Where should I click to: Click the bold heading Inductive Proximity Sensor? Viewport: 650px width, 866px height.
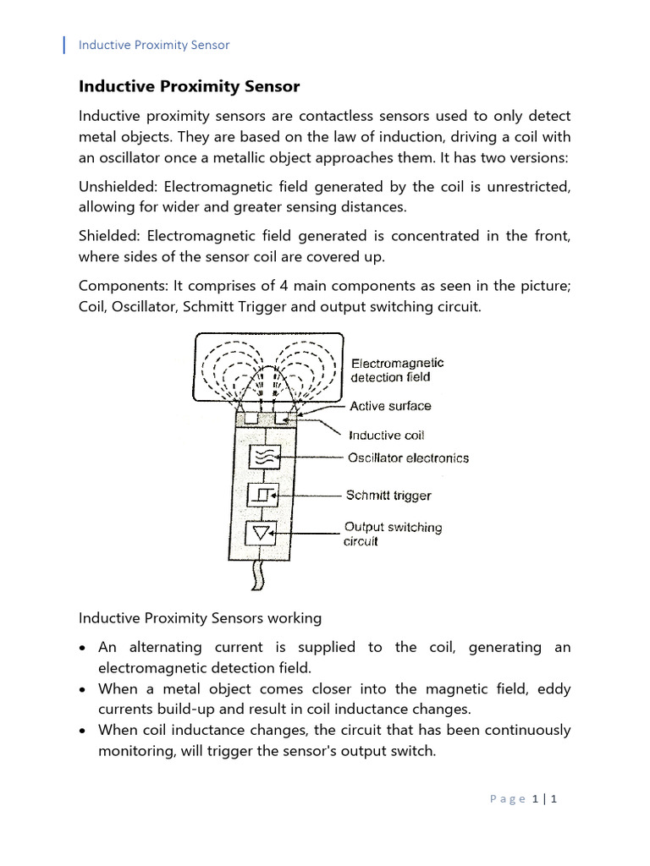[189, 87]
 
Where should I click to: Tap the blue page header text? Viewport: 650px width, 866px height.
[154, 45]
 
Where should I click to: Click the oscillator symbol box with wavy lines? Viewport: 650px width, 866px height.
[261, 458]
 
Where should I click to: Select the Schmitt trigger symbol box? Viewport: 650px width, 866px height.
[261, 496]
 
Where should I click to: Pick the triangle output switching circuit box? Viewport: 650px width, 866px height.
[261, 533]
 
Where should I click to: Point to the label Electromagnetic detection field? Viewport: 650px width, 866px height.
[397, 370]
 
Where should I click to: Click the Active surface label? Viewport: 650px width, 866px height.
[390, 406]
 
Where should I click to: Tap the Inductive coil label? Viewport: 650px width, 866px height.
[387, 435]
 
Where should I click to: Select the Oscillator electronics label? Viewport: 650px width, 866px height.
[408, 458]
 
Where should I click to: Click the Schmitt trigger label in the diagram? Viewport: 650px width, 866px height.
[388, 496]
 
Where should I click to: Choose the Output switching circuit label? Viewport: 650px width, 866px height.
[393, 534]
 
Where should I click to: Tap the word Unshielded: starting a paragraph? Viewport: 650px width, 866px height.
[118, 187]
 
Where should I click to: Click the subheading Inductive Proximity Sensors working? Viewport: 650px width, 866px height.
[200, 618]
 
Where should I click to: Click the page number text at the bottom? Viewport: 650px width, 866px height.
[523, 798]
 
